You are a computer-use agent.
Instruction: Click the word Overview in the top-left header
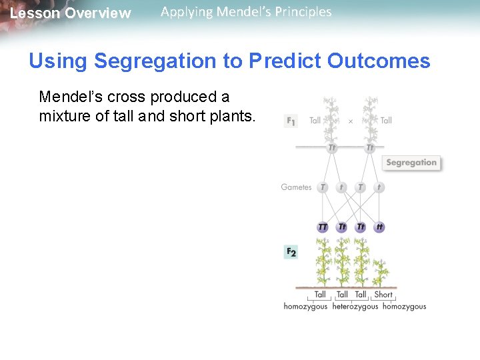coord(98,13)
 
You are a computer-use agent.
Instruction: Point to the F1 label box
coord(291,121)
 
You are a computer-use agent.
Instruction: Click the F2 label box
coord(291,252)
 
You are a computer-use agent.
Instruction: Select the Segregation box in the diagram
coord(411,163)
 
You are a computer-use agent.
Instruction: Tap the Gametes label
coord(296,187)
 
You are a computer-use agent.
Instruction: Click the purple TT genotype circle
coord(323,227)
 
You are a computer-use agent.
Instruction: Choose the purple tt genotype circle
coord(379,227)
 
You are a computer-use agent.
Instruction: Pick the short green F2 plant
coord(381,273)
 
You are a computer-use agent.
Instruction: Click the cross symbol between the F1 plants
coord(351,121)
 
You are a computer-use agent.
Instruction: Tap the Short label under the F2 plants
coord(383,295)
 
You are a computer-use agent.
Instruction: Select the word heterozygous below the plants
coord(355,307)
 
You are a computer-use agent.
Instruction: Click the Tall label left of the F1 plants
coord(315,121)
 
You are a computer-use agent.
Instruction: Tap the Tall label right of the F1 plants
coord(386,121)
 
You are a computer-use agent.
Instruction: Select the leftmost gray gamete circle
coord(323,187)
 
